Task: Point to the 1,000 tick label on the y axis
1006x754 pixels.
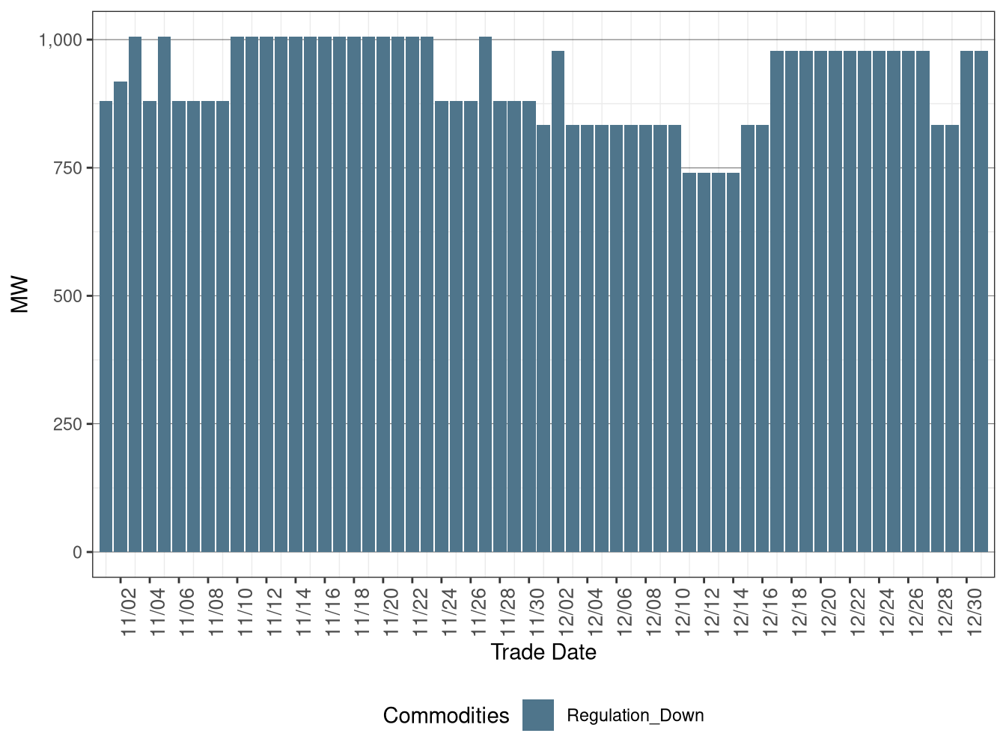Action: [60, 40]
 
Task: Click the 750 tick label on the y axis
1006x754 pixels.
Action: [67, 168]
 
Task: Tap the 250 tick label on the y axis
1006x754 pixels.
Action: [67, 424]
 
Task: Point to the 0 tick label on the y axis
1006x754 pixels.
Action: [78, 553]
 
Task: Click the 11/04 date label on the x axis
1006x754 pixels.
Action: [158, 611]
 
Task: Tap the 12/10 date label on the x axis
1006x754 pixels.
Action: [683, 611]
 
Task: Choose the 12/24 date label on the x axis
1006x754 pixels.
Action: [888, 611]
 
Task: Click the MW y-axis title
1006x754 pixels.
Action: [20, 295]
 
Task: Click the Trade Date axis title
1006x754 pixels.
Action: [543, 652]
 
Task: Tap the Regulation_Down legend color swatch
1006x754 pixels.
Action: [538, 715]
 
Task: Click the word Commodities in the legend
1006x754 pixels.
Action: [446, 716]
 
